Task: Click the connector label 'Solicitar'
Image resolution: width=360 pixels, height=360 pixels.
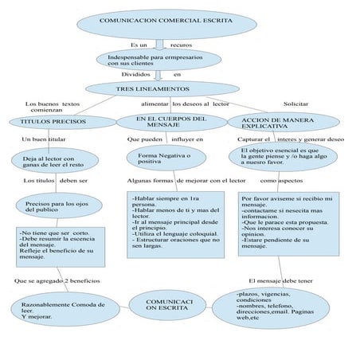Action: pos(296,104)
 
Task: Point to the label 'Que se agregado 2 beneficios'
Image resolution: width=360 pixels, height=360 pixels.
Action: pos(57,280)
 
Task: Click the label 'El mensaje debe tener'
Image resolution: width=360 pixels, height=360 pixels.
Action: pos(280,280)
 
